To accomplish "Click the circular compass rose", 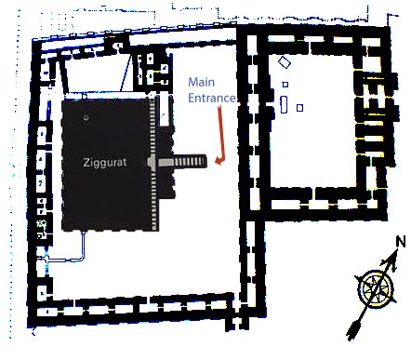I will pyautogui.click(x=375, y=287).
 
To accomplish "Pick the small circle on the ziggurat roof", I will pyautogui.click(x=86, y=118).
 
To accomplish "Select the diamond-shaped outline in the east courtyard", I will pyautogui.click(x=283, y=64).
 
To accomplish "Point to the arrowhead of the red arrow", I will pyautogui.click(x=217, y=162).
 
